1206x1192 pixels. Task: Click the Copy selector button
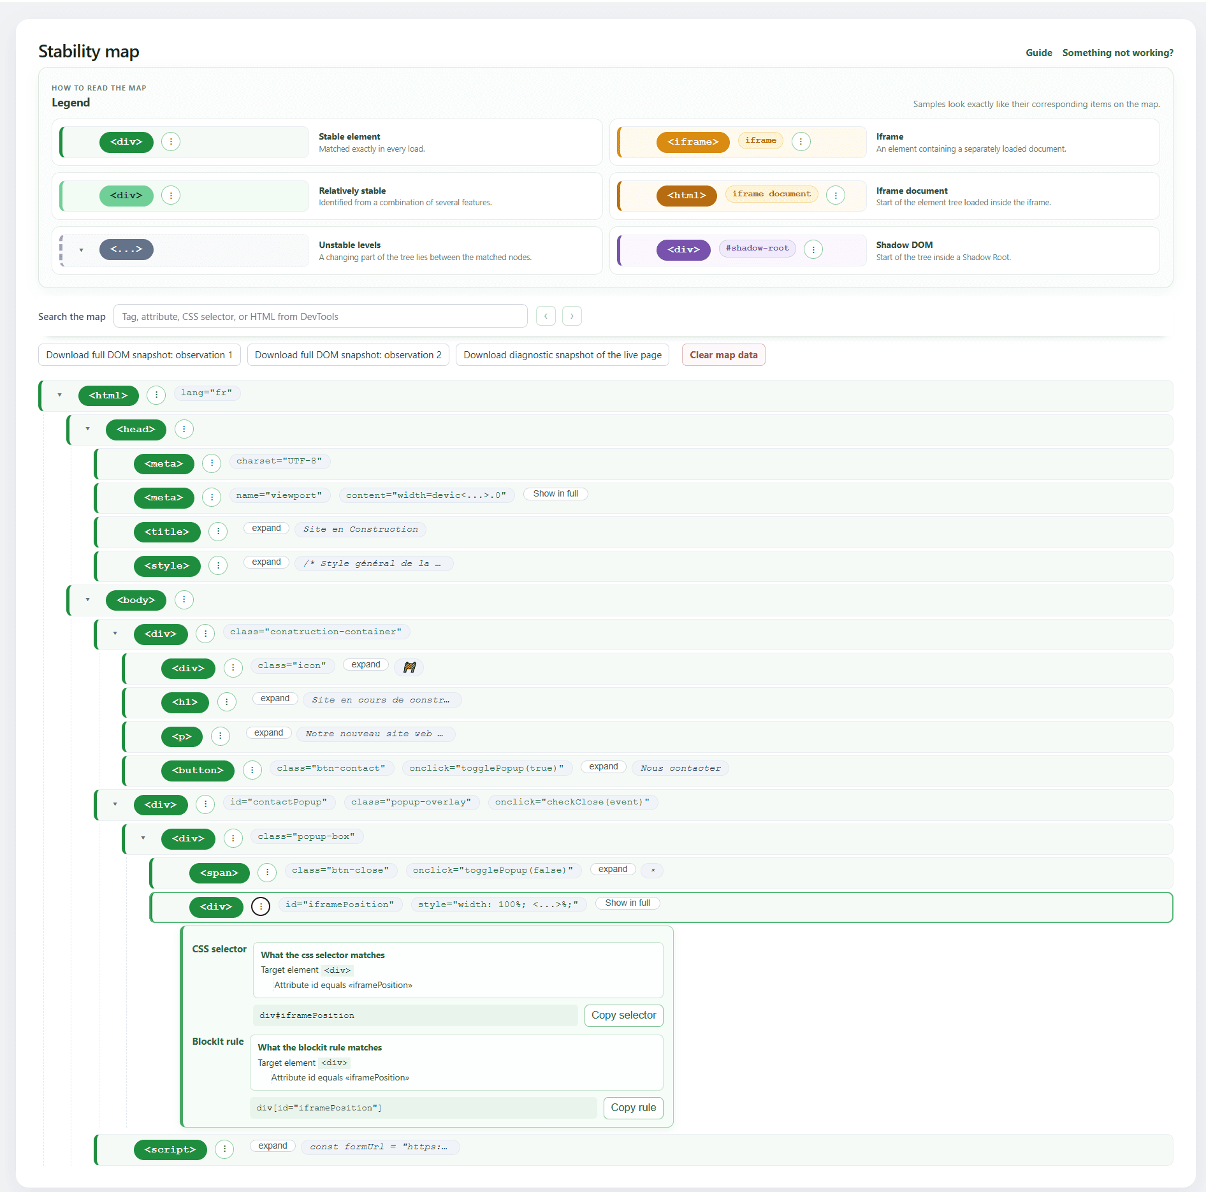623,1015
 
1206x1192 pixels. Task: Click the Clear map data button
723,355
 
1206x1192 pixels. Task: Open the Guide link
1038,53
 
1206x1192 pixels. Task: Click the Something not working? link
1117,53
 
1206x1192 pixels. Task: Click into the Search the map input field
320,316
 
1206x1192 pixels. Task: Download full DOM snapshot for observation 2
348,355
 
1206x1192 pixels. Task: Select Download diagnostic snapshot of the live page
562,355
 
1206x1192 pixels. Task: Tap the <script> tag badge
170,1149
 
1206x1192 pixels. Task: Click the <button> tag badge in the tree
198,770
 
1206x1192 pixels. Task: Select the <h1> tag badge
185,702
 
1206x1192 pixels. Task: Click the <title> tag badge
167,532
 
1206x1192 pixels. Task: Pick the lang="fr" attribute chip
207,393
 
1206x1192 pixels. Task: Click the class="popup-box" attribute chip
306,836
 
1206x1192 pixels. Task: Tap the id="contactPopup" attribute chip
279,802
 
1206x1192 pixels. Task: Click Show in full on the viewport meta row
556,494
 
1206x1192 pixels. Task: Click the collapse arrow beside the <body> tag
88,600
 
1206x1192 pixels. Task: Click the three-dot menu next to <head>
184,429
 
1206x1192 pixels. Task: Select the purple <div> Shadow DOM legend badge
683,249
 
